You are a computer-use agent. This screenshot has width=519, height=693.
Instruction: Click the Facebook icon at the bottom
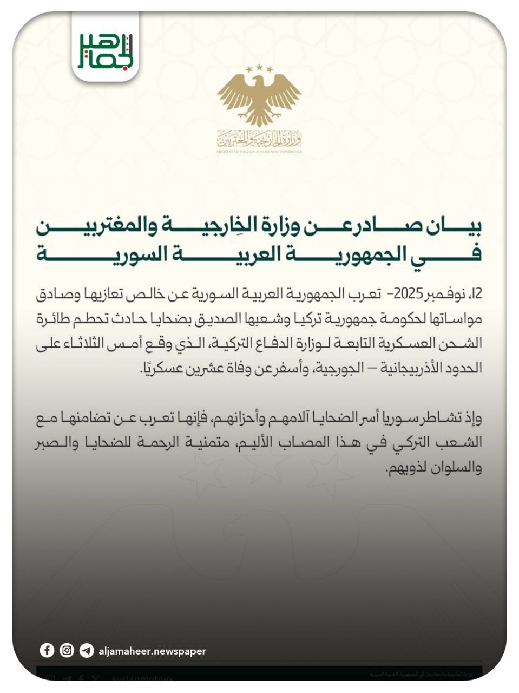click(x=47, y=650)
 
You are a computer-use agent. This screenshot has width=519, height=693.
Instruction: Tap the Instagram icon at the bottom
click(x=67, y=650)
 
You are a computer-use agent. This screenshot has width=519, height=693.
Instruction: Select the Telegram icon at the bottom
click(x=86, y=650)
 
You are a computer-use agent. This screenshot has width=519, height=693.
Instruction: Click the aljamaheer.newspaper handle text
click(x=152, y=651)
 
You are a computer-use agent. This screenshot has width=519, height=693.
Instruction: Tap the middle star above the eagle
click(x=259, y=67)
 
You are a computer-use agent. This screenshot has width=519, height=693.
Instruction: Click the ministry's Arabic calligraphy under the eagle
click(x=259, y=140)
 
